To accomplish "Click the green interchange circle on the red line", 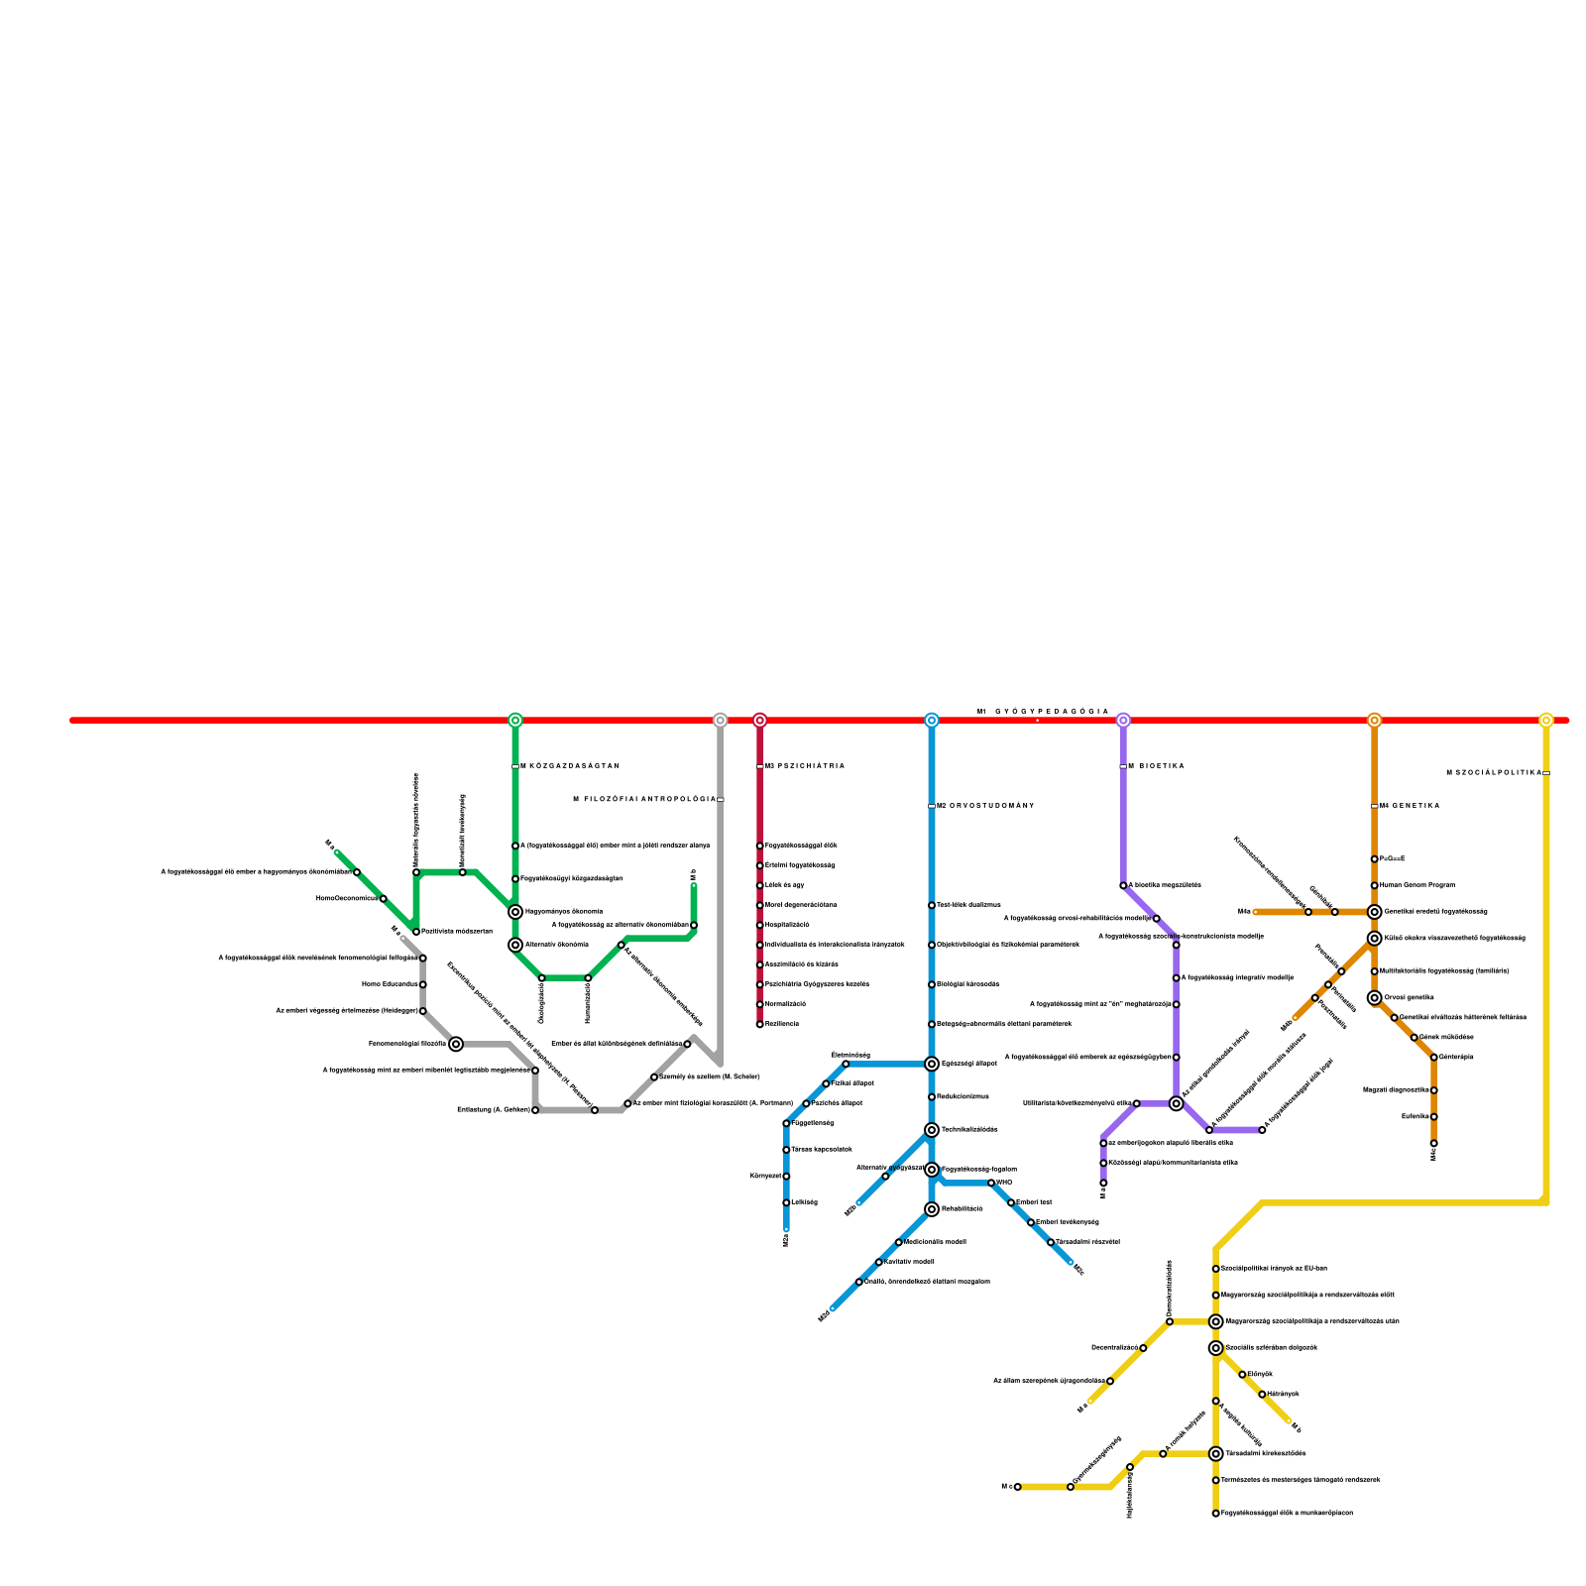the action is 515,720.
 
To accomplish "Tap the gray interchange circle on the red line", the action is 721,720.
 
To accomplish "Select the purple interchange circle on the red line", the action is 1123,720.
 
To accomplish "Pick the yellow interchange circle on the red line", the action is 1546,720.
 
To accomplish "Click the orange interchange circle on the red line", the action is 1374,720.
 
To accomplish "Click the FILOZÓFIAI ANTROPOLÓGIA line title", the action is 644,799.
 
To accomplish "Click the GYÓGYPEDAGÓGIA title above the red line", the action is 1051,712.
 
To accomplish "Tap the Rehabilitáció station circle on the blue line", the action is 932,1209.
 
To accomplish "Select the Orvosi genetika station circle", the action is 1374,998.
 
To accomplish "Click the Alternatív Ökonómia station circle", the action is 515,945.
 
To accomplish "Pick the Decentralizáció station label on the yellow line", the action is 1114,1348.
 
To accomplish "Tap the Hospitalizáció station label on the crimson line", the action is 787,925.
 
